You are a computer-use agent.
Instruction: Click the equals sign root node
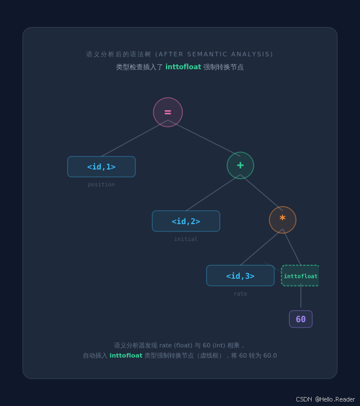168,112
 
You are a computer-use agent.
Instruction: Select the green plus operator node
240,166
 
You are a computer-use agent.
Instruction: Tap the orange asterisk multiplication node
282,220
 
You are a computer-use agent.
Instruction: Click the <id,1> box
101,167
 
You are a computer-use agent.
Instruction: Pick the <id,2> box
186,221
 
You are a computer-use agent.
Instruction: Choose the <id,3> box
240,276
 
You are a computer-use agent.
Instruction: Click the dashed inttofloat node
300,276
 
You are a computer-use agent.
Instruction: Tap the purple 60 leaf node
301,319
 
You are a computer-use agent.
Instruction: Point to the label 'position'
101,185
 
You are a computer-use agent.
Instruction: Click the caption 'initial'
186,239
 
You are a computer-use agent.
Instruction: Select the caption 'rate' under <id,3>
240,294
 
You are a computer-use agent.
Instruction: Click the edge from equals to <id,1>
134,139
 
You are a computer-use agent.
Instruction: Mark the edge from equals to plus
204,138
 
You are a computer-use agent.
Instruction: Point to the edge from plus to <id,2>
213,193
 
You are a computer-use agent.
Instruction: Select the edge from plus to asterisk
262,193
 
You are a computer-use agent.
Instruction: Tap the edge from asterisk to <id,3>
261,247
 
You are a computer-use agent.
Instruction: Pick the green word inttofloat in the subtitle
183,67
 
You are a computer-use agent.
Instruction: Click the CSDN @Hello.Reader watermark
325,399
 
